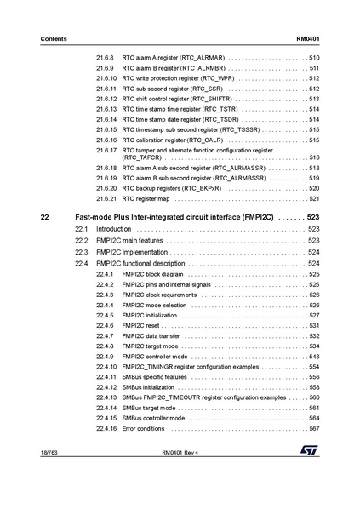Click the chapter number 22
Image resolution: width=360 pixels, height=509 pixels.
click(45, 217)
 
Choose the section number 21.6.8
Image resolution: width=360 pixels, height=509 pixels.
click(106, 57)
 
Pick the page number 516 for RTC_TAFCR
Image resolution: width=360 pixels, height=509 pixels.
click(313, 158)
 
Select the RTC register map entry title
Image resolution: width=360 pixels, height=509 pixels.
click(146, 198)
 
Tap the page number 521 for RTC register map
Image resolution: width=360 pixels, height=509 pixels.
click(313, 198)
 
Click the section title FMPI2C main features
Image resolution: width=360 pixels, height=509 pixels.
click(129, 241)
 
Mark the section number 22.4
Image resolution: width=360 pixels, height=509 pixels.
click(82, 265)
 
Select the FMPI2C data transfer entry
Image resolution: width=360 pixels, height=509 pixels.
click(151, 336)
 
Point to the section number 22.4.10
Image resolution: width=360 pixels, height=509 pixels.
click(107, 367)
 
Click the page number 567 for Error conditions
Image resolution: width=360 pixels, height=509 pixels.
click(313, 428)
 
